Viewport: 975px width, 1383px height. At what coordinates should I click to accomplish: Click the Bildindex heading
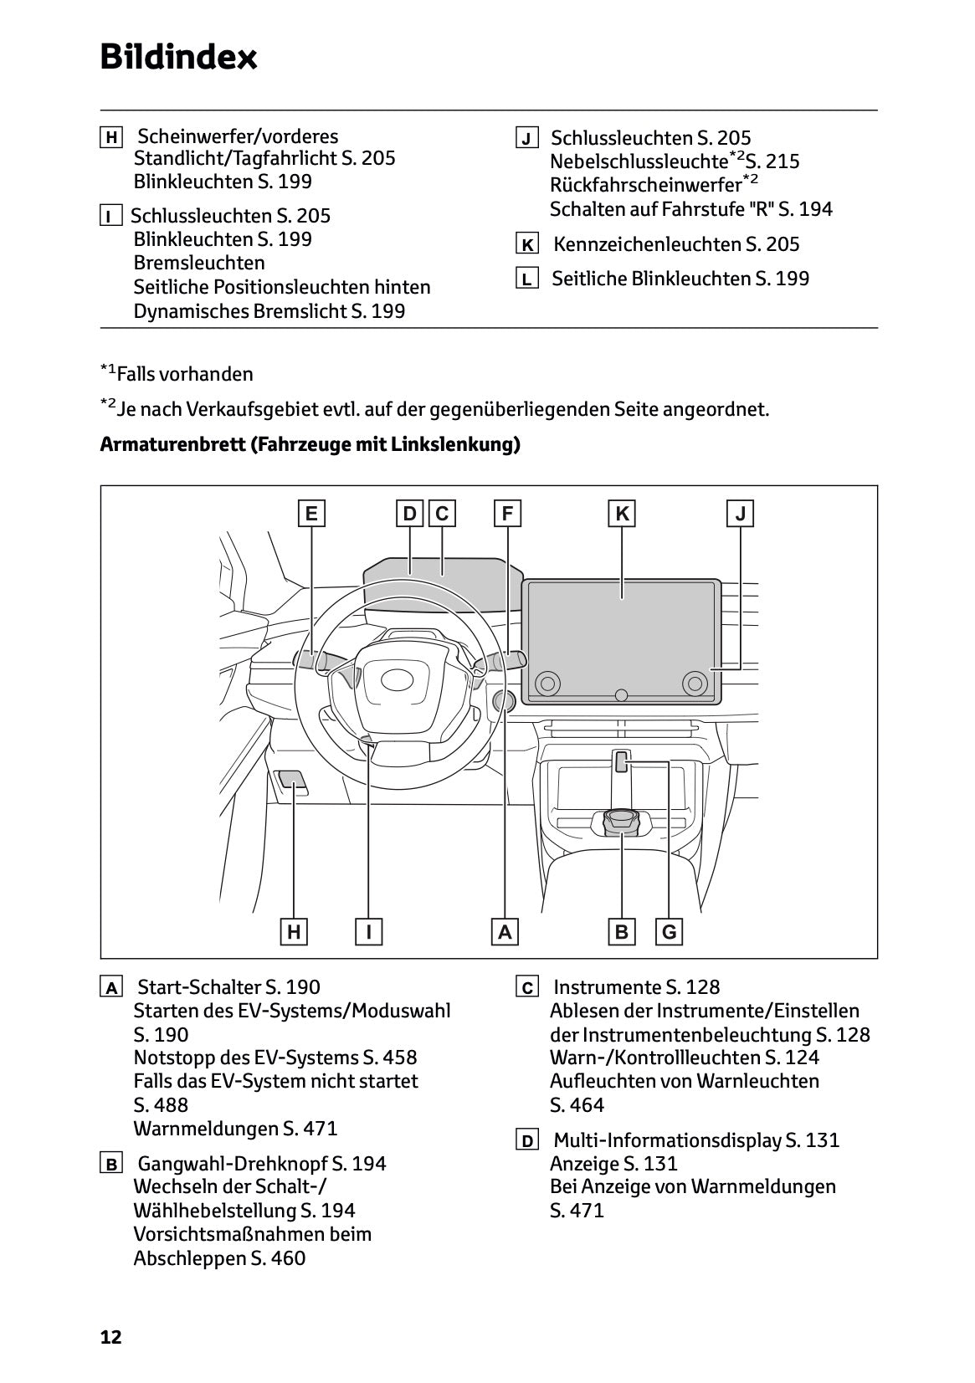(x=178, y=58)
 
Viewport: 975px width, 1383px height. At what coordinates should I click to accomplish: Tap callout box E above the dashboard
(x=311, y=514)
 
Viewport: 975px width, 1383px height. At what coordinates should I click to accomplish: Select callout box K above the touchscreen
(x=622, y=514)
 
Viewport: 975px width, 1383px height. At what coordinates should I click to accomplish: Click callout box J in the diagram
(x=740, y=514)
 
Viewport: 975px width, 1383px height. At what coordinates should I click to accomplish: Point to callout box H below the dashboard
(x=294, y=931)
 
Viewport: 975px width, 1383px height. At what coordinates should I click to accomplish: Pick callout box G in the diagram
(x=669, y=931)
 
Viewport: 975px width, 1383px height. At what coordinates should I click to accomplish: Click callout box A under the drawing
(x=504, y=931)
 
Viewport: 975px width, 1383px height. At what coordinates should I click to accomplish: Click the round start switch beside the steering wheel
(x=505, y=702)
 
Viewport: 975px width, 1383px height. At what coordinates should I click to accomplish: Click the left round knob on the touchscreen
(x=547, y=683)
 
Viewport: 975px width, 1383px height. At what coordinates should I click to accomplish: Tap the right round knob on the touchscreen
(x=694, y=683)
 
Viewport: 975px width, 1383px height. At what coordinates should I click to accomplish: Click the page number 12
(x=110, y=1337)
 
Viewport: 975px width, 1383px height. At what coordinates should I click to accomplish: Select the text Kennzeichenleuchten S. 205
(x=676, y=244)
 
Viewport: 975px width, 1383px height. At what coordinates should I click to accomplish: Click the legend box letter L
(x=526, y=279)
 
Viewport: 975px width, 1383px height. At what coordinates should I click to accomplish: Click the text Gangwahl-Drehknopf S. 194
(x=261, y=1164)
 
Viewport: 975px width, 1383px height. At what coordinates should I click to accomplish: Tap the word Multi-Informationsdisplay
(x=668, y=1140)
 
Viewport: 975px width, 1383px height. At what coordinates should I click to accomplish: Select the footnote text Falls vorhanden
(x=185, y=374)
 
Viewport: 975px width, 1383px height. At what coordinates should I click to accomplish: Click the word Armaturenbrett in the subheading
(x=172, y=444)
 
